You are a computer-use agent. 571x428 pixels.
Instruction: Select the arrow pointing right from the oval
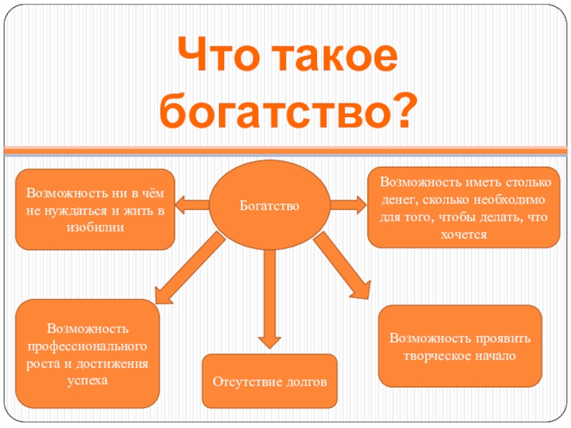click(x=348, y=206)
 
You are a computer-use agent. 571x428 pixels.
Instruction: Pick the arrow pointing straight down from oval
click(x=268, y=300)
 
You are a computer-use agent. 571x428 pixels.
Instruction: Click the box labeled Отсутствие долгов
click(x=270, y=382)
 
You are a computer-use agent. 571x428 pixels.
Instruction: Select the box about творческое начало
click(x=459, y=346)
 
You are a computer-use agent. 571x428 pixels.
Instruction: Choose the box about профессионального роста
click(x=88, y=354)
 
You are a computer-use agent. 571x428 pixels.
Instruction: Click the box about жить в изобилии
click(x=95, y=210)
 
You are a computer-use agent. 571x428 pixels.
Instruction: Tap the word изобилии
click(x=95, y=228)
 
